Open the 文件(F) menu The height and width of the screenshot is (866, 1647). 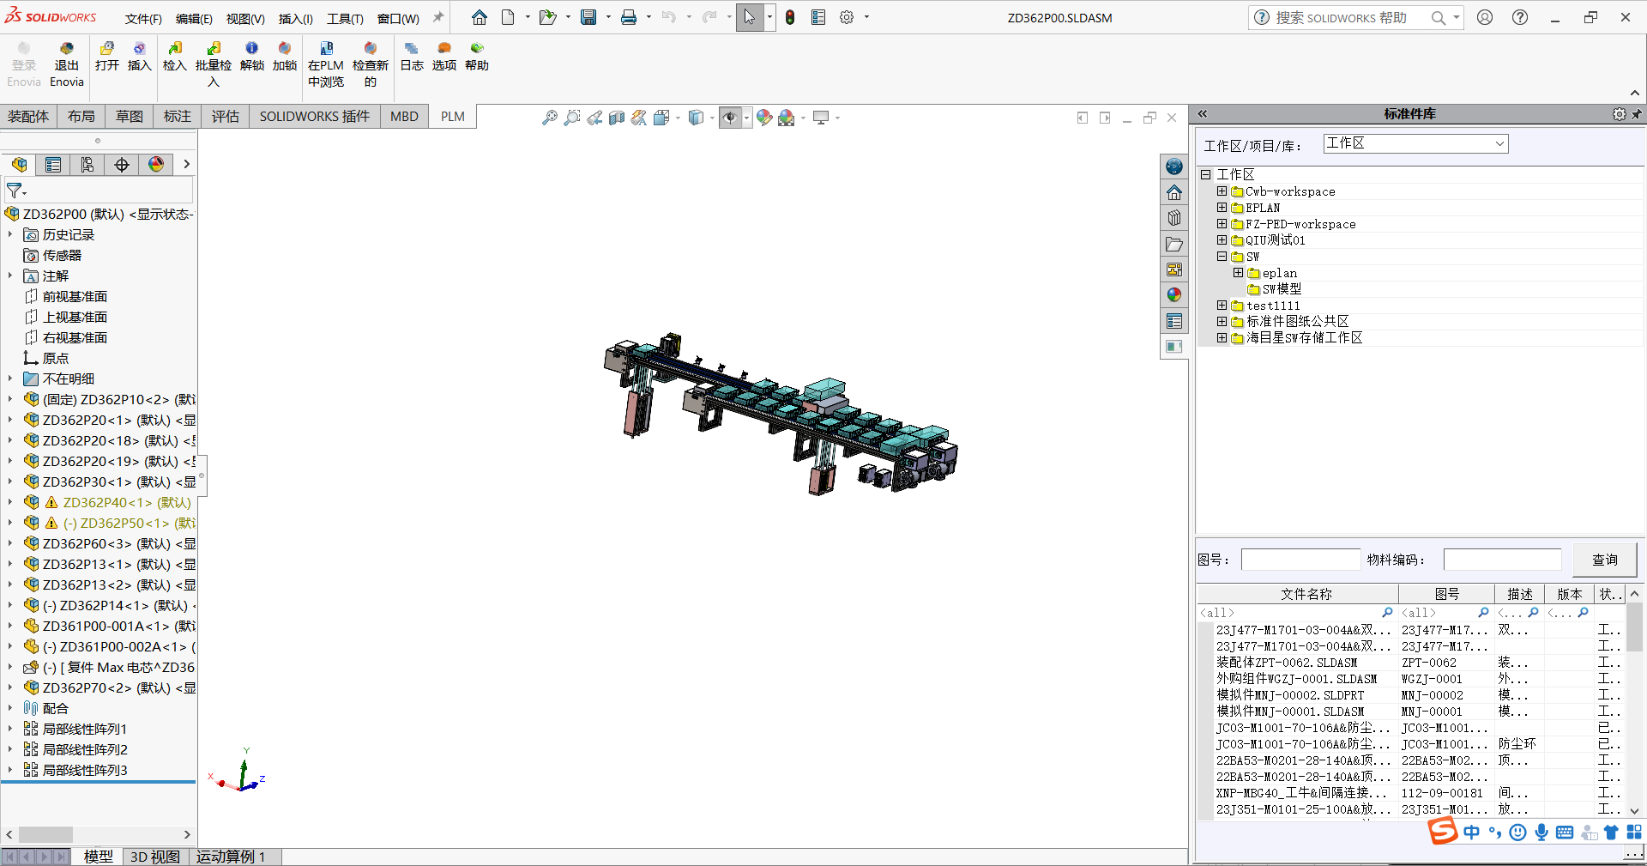coord(142,19)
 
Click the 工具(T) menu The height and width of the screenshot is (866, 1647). coord(344,19)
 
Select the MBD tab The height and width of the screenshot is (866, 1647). coord(404,117)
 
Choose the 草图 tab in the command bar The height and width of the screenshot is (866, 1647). coord(130,117)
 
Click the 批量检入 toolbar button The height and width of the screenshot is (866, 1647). coord(214,65)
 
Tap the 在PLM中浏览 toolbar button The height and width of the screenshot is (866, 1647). coord(326,65)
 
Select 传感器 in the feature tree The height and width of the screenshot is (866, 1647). coord(62,256)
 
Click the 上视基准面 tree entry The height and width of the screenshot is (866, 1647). coord(75,318)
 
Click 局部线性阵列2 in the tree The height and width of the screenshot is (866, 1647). coord(85,750)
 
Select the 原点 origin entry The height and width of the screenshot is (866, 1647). coord(56,359)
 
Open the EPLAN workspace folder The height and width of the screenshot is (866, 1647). coord(1263,208)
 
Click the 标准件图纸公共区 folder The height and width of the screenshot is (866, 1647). coord(1297,322)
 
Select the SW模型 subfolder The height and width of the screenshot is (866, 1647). coord(1282,289)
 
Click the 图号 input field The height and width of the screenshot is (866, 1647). coord(1300,560)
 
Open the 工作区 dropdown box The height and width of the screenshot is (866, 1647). coord(1415,144)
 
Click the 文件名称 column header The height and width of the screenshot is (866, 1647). coord(1306,594)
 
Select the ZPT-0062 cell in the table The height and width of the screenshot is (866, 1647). coord(1429,663)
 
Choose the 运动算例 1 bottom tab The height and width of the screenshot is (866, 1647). coord(231,857)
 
